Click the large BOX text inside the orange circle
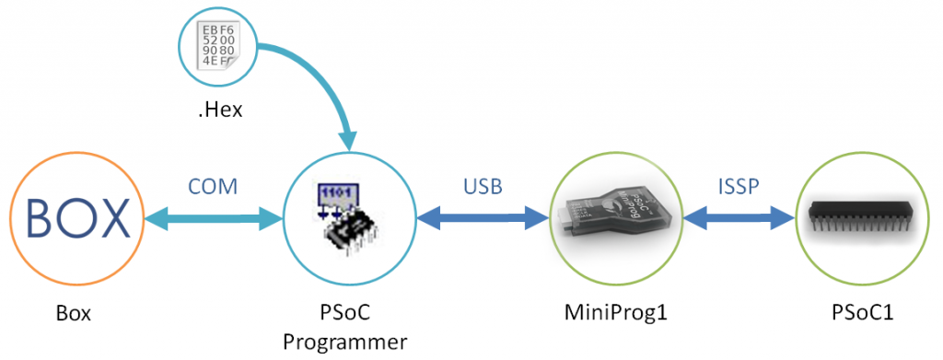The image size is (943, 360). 77,219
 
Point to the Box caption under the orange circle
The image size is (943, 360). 73,314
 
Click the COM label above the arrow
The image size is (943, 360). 214,187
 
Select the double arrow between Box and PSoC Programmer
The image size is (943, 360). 213,219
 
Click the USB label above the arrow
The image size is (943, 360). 483,187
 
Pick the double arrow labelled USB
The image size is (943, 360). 483,219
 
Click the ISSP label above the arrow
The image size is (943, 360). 739,187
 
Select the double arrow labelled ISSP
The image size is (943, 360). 739,219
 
